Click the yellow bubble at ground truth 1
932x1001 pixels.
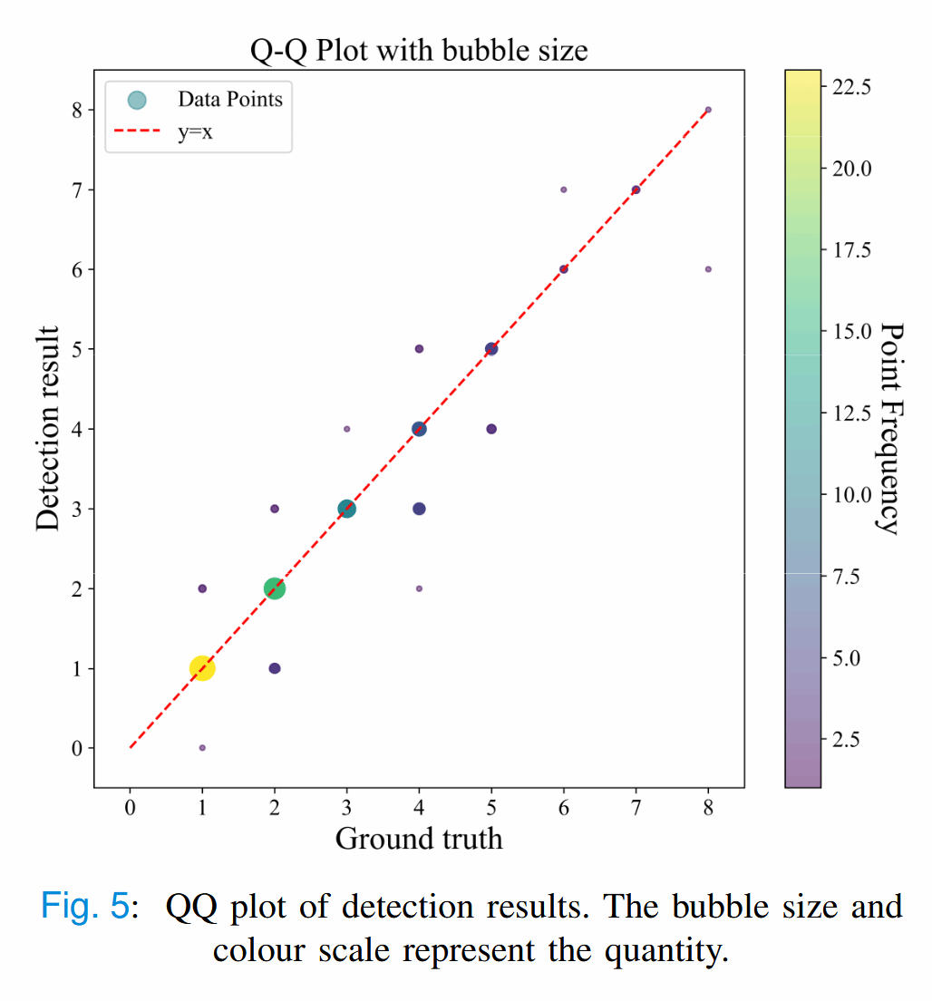tap(201, 668)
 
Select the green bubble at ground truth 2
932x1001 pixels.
tap(274, 588)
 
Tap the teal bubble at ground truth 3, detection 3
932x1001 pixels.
tap(346, 509)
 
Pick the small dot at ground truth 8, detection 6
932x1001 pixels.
tap(708, 269)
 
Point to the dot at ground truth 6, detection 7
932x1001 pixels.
tap(564, 190)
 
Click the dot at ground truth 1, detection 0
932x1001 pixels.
tap(202, 748)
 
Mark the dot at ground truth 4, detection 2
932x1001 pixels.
tap(419, 588)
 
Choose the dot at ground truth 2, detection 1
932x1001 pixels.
tap(275, 668)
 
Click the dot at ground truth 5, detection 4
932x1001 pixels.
tap(491, 429)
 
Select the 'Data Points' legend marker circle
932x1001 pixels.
tap(136, 100)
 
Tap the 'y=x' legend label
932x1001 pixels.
tap(195, 133)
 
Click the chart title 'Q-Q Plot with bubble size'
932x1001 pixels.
tap(419, 50)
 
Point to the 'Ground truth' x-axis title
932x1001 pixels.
tap(419, 839)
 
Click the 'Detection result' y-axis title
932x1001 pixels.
tap(49, 429)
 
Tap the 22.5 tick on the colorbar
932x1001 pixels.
tap(851, 87)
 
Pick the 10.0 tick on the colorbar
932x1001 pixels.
tap(851, 495)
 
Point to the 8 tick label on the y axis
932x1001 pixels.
tap(78, 110)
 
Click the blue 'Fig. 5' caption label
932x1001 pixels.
tap(85, 908)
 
